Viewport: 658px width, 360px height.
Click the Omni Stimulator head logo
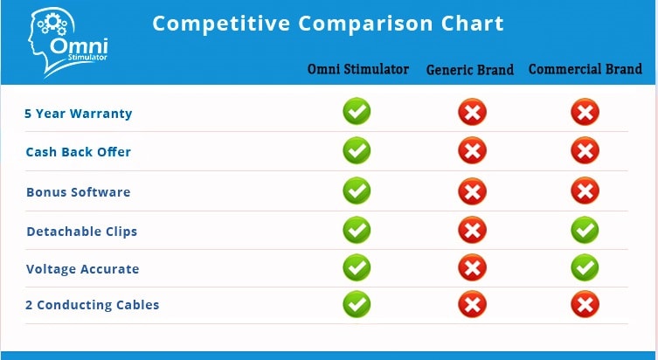click(67, 42)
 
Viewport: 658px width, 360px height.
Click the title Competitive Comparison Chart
click(328, 24)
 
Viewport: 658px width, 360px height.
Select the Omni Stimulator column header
click(358, 69)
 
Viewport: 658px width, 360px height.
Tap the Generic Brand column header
click(469, 70)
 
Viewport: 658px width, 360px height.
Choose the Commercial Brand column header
click(585, 69)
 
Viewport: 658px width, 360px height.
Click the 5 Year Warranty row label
click(78, 114)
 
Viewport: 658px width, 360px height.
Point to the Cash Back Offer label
click(78, 152)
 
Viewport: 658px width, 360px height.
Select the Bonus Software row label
click(78, 192)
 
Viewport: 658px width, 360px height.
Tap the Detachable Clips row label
click(82, 232)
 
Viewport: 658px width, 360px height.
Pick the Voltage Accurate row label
click(82, 269)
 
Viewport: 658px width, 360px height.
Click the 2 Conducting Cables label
click(92, 305)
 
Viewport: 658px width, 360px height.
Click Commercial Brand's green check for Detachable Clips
click(585, 230)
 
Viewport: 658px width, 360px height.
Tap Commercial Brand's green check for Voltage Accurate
click(585, 267)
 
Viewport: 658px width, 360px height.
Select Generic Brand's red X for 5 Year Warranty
click(473, 112)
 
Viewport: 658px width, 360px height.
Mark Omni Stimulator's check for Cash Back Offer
click(357, 150)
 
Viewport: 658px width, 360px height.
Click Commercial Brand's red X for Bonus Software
click(585, 190)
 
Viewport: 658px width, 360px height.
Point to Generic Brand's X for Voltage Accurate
click(473, 267)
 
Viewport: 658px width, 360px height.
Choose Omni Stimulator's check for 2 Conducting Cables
click(357, 304)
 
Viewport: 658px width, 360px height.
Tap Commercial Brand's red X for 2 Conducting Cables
click(585, 304)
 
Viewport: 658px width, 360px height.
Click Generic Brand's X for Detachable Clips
click(473, 230)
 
